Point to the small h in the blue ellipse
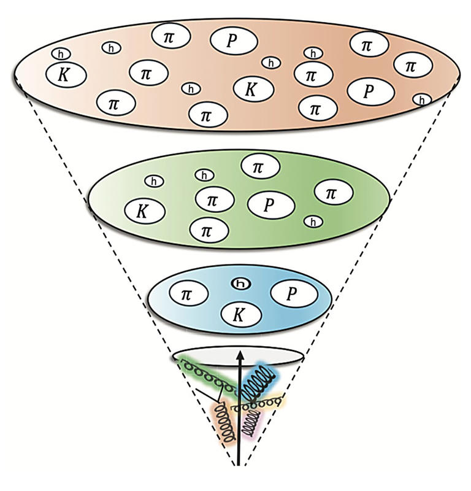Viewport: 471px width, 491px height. point(240,284)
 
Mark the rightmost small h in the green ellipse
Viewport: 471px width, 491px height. point(312,222)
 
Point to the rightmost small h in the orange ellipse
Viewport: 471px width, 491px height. point(421,99)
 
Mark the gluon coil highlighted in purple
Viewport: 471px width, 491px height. point(251,423)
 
